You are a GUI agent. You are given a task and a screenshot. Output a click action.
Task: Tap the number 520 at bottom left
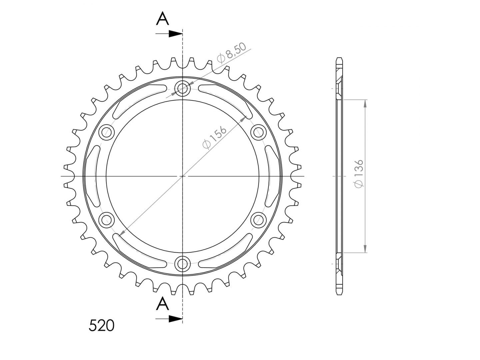point(101,325)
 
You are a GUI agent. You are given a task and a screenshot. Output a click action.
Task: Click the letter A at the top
point(162,18)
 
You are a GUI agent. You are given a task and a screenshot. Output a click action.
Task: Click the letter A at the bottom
point(162,303)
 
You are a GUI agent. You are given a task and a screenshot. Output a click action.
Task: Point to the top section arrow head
point(176,34)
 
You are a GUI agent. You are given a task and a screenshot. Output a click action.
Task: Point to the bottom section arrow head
point(176,319)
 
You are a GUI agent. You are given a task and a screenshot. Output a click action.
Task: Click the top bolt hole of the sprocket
point(182,89)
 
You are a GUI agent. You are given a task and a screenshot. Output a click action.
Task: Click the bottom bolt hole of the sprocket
point(182,264)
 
